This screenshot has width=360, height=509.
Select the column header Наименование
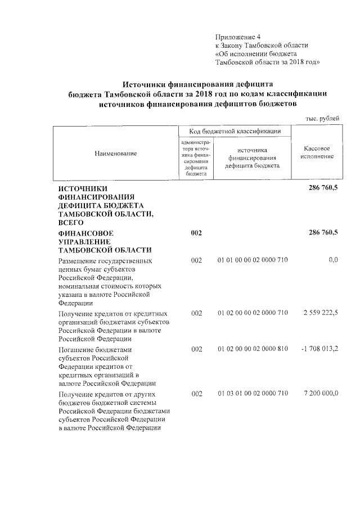(115, 153)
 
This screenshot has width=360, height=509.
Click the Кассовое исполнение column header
(316, 152)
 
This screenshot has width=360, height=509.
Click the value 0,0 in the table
(332, 261)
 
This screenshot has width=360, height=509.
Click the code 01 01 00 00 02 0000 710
(253, 261)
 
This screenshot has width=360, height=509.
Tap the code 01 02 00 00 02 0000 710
(253, 313)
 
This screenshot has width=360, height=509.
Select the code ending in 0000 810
(253, 349)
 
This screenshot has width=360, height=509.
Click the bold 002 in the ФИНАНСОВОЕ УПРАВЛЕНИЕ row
(196, 233)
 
